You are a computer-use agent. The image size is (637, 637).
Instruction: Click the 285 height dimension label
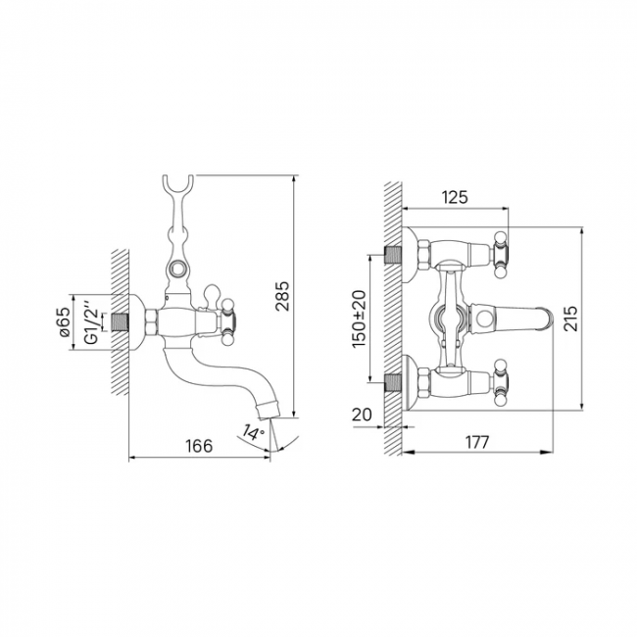(282, 296)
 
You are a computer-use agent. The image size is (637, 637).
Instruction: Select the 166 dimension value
(199, 446)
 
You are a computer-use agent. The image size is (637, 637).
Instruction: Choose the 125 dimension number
(455, 197)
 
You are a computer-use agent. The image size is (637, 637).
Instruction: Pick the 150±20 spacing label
(359, 318)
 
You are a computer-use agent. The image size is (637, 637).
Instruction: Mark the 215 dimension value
(570, 318)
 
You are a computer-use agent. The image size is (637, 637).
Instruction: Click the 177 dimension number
(477, 442)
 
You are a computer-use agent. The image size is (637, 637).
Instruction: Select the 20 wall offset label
(362, 415)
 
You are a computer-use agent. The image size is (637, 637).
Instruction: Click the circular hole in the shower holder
(178, 269)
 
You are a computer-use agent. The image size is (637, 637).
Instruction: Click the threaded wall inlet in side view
(120, 321)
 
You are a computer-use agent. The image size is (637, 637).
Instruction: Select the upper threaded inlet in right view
(393, 255)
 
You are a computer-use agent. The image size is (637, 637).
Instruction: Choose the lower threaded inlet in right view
(393, 382)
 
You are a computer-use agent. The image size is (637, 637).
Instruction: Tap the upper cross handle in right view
(501, 255)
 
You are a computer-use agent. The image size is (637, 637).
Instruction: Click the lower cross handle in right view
(501, 382)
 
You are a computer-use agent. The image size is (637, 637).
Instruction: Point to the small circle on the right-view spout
(485, 318)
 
